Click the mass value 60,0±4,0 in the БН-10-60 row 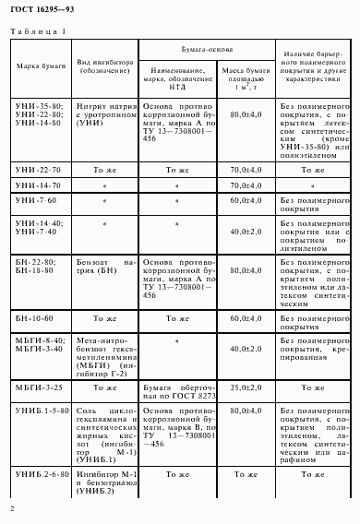pos(243,316)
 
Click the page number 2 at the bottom pos(12,508)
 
